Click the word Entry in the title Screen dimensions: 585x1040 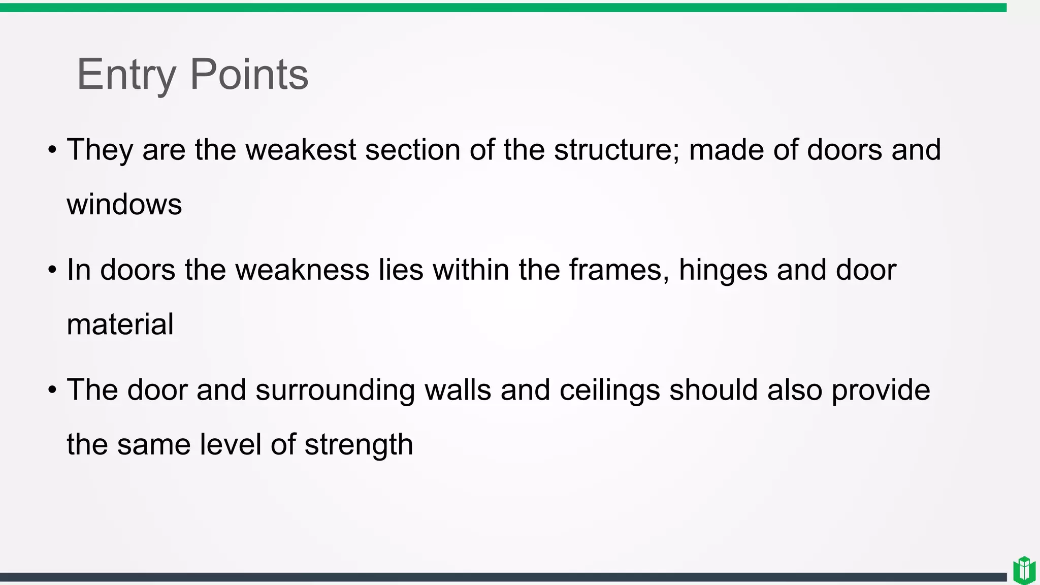pos(126,75)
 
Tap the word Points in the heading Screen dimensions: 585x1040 pos(249,75)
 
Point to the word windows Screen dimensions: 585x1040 pos(124,204)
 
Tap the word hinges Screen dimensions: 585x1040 pos(723,271)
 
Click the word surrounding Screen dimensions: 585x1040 pos(335,391)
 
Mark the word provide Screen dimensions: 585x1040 pos(881,391)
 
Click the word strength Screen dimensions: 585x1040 pos(359,445)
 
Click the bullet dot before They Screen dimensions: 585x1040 pos(52,150)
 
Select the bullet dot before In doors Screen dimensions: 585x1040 pos(52,270)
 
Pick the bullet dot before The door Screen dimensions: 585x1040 pos(52,391)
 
